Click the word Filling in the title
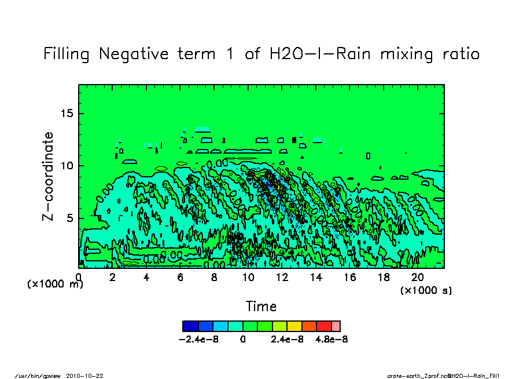67,54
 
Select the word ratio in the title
458,54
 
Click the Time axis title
261,307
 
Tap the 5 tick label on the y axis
71,218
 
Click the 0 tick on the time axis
79,277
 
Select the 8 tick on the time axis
215,277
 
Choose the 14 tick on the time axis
316,277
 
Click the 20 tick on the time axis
418,277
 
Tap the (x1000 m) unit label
55,285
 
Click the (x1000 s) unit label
426,290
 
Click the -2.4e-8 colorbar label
200,339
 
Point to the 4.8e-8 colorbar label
331,339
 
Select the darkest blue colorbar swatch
190,326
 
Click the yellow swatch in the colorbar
294,326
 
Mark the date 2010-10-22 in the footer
89,376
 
